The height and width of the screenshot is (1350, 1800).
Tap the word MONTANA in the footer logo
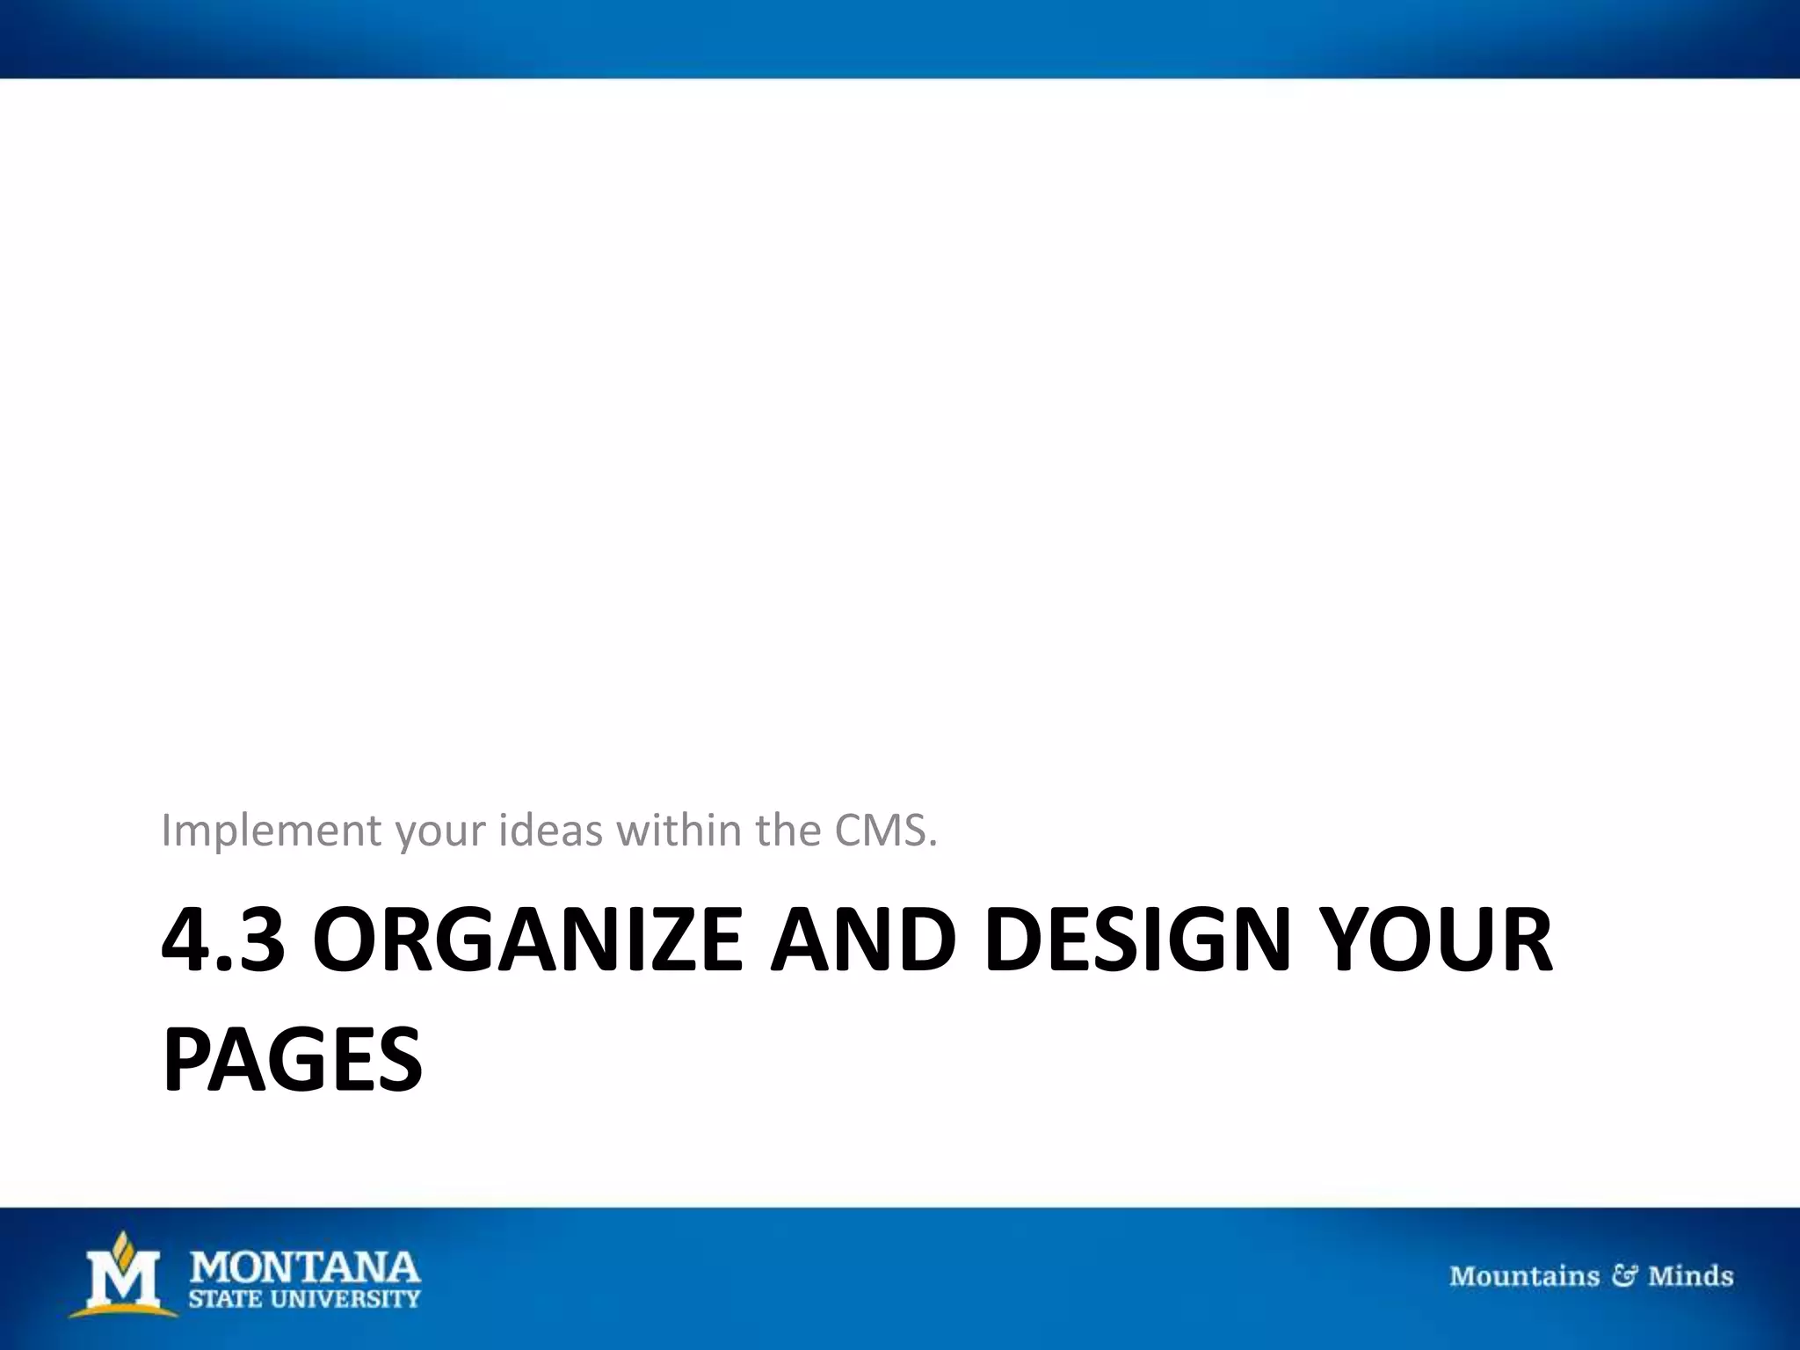pos(305,1268)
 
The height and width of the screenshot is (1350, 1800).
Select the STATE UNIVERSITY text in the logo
pos(305,1298)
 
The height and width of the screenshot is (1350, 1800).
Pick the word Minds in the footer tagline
pos(1690,1275)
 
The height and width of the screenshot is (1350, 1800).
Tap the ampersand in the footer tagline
pos(1623,1275)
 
